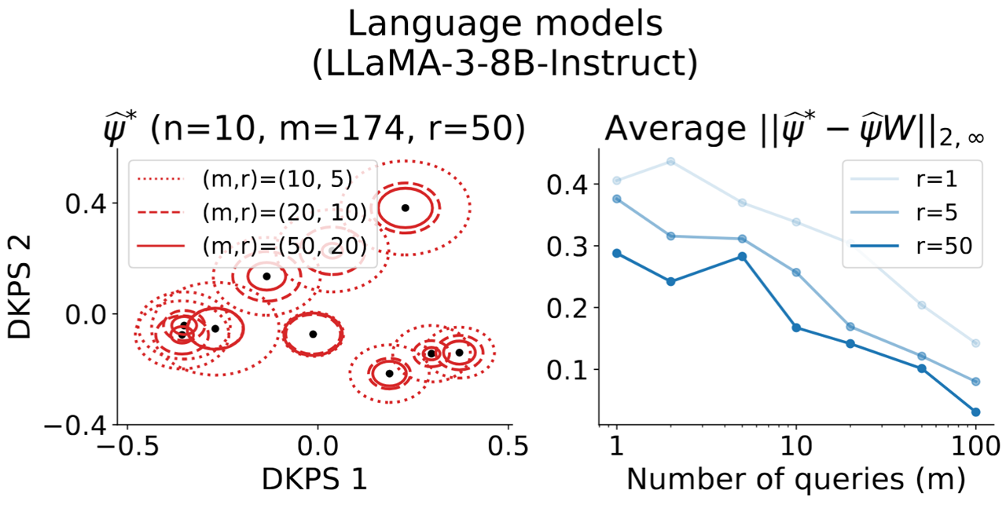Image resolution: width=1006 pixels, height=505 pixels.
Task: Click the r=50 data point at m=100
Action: [975, 412]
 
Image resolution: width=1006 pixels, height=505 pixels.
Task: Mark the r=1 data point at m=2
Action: [670, 161]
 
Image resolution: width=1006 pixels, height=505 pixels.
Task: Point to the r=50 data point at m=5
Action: [742, 256]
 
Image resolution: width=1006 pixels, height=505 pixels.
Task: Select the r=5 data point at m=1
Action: [617, 199]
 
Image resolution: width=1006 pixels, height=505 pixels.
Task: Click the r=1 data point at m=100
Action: [975, 343]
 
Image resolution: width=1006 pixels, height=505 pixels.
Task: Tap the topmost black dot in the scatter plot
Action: [405, 207]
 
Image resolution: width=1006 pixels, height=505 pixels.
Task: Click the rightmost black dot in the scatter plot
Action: [459, 353]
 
